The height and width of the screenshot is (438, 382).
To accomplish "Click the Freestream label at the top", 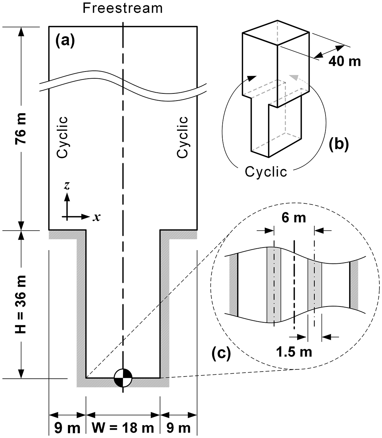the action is [123, 8].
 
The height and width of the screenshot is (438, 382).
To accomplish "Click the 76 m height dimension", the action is [21, 128].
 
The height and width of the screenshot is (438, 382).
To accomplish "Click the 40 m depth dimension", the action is [345, 61].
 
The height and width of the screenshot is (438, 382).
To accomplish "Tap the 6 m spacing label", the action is [294, 218].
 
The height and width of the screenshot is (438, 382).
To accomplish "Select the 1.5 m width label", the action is [294, 352].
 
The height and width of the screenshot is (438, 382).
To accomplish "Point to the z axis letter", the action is [67, 185].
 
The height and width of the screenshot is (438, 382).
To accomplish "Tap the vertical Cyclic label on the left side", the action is [62, 137].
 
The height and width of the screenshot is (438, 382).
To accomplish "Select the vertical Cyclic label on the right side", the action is [182, 137].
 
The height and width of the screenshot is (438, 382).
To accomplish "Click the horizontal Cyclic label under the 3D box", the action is [266, 172].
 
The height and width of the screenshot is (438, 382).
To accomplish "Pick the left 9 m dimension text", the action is [67, 428].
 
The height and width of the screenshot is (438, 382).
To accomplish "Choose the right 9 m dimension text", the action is [178, 428].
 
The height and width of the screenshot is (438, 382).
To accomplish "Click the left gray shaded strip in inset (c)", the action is [274, 285].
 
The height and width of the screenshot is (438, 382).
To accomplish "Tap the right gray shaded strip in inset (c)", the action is [315, 285].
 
